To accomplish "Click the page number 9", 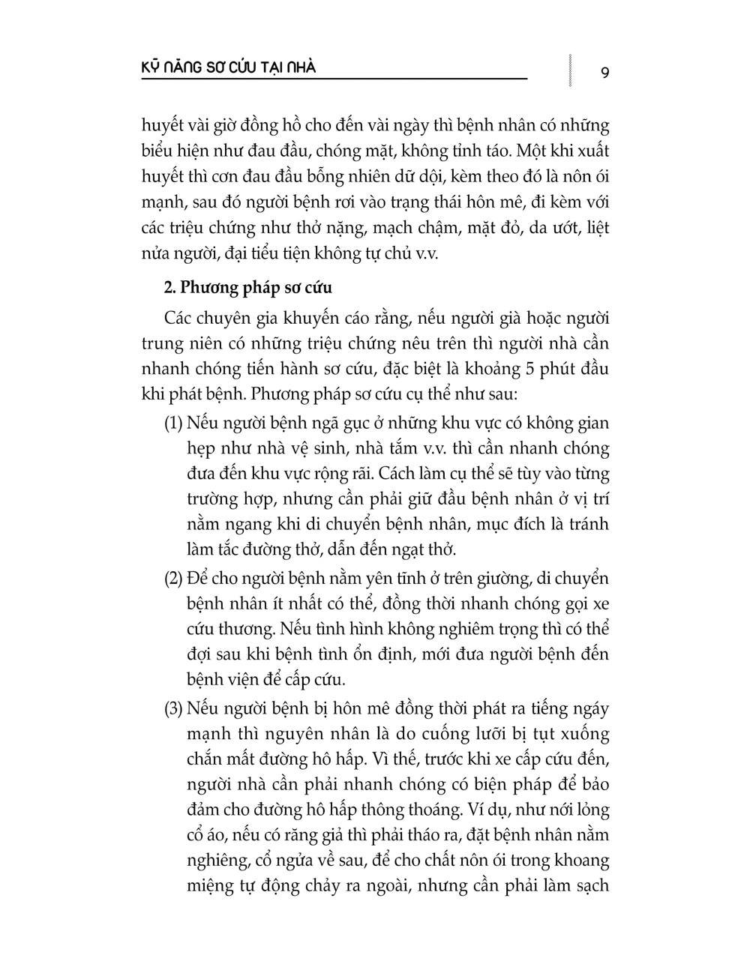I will pyautogui.click(x=604, y=73).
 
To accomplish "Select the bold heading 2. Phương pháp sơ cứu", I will pyautogui.click(x=248, y=288).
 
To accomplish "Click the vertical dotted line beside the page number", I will pyautogui.click(x=572, y=70).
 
